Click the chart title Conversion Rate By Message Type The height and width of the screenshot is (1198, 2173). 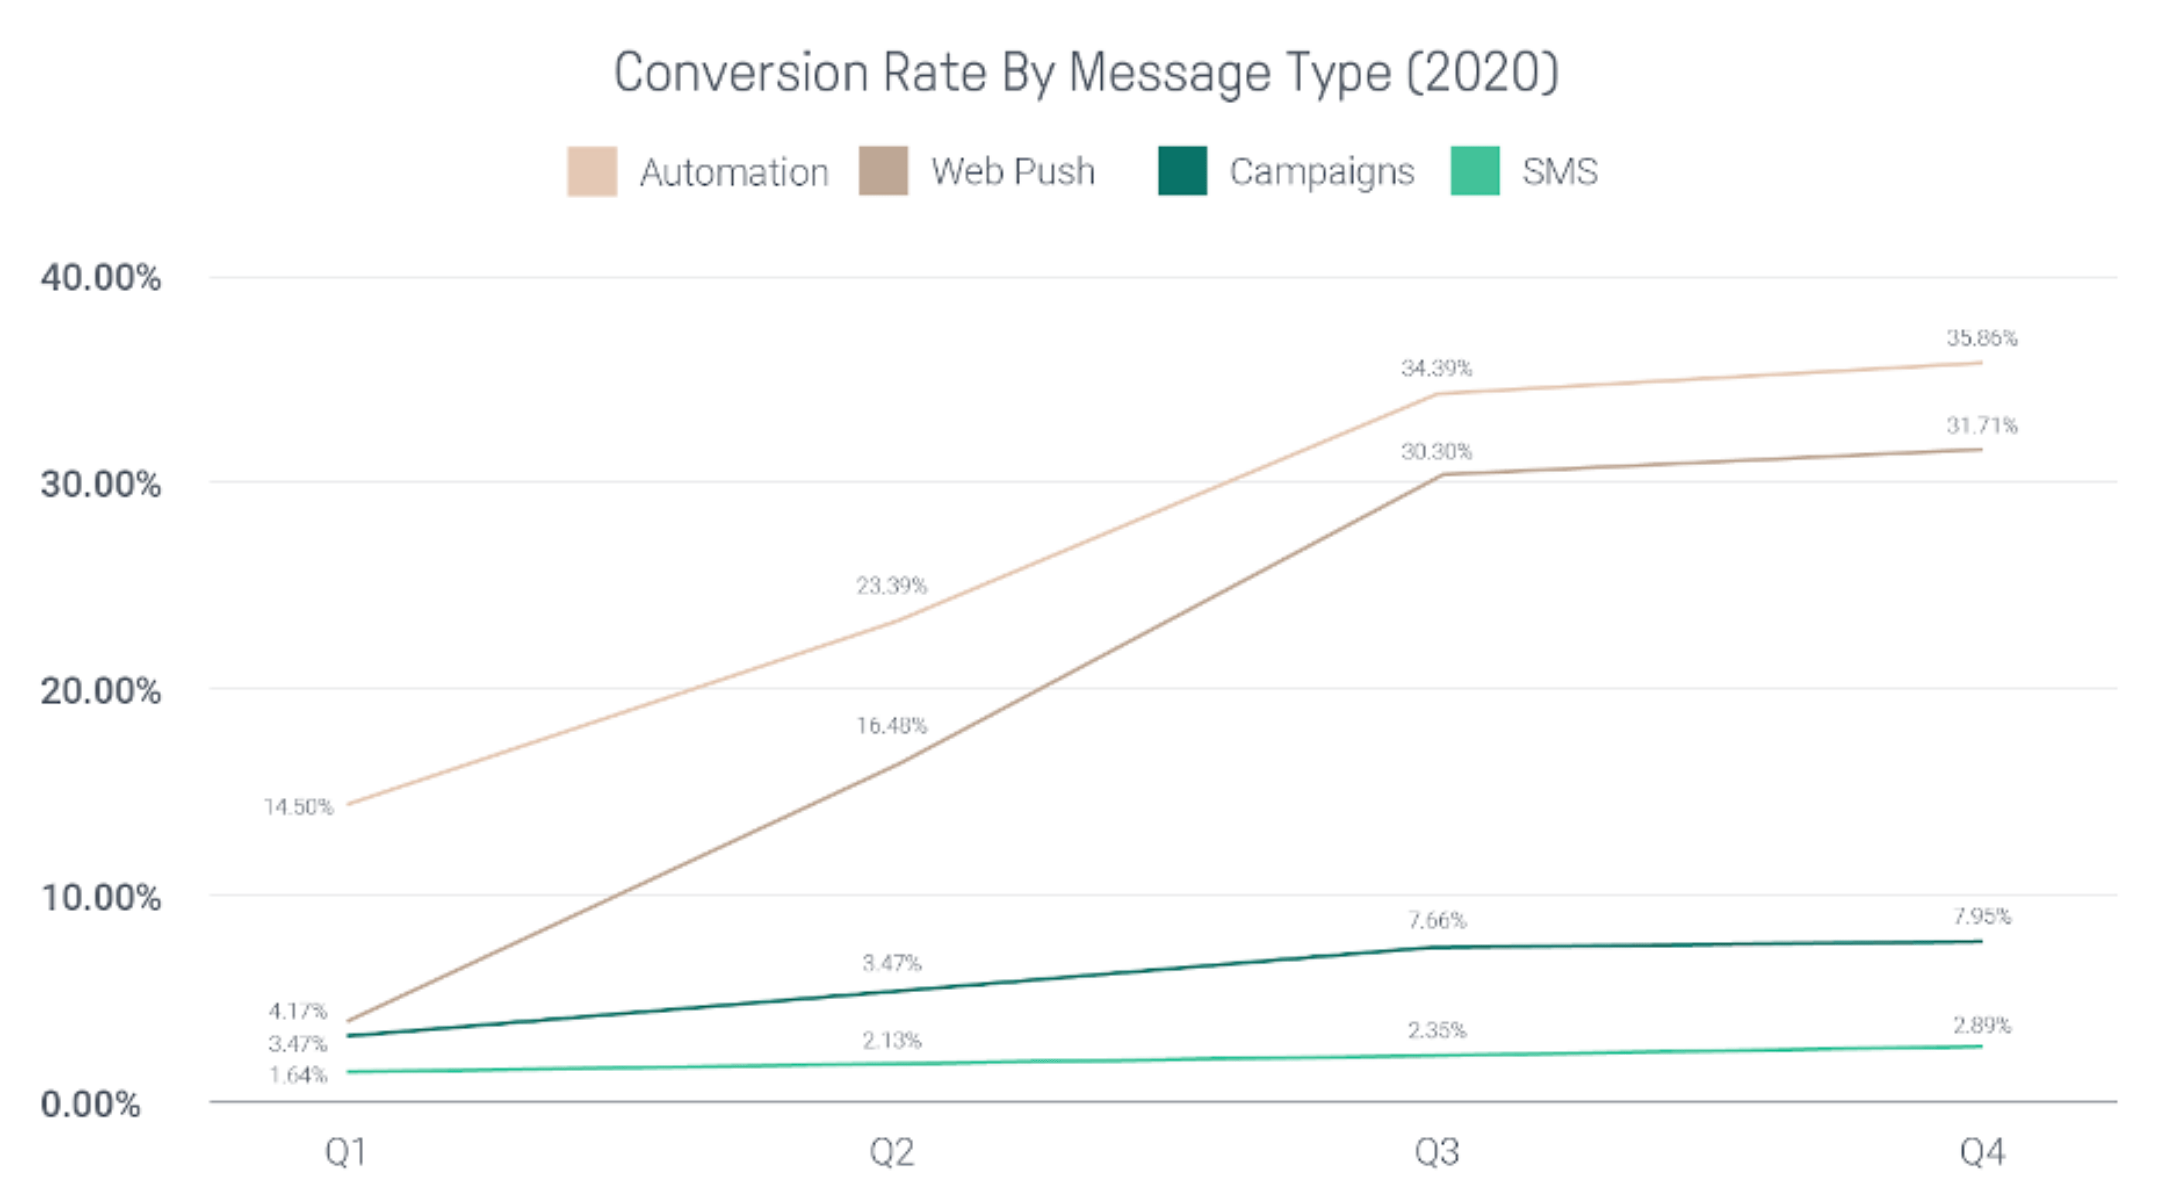pos(1086,74)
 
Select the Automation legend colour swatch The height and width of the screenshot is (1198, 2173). pos(591,171)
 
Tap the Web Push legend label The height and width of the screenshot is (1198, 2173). pos(1012,171)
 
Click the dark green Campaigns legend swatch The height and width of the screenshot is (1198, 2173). pos(1182,171)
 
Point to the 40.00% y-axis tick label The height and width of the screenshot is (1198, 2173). pos(101,278)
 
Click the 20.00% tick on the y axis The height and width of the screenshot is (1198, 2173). pos(101,691)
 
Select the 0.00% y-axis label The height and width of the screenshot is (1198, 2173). pos(91,1104)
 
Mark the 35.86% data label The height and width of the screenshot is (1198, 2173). pos(1982,338)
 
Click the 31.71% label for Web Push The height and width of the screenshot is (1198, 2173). pos(1982,425)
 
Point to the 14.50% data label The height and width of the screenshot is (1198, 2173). pos(298,807)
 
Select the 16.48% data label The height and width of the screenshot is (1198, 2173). pos(891,726)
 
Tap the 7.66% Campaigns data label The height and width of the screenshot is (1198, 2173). pos(1436,920)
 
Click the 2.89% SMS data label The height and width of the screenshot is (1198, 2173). pos(1982,1026)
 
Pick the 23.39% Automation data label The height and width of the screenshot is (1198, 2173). pos(891,586)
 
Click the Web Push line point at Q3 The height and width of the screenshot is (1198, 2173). pos(1441,475)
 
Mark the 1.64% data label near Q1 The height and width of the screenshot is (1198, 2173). pos(298,1076)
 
